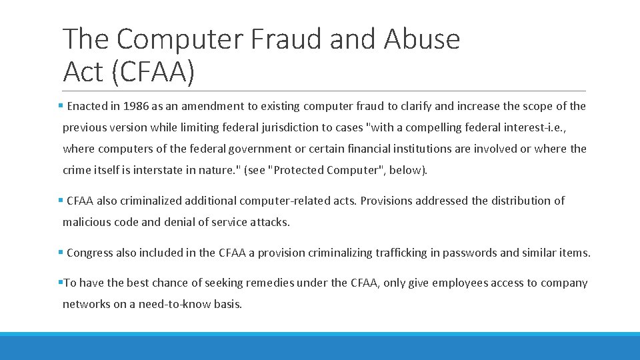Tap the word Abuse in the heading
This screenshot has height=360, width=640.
pos(422,39)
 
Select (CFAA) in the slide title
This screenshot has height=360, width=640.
pos(153,72)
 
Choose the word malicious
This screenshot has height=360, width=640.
pos(87,222)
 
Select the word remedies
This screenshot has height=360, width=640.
pos(270,283)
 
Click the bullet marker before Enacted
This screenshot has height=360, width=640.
pos(61,106)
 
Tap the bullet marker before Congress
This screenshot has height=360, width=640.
pos(61,253)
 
